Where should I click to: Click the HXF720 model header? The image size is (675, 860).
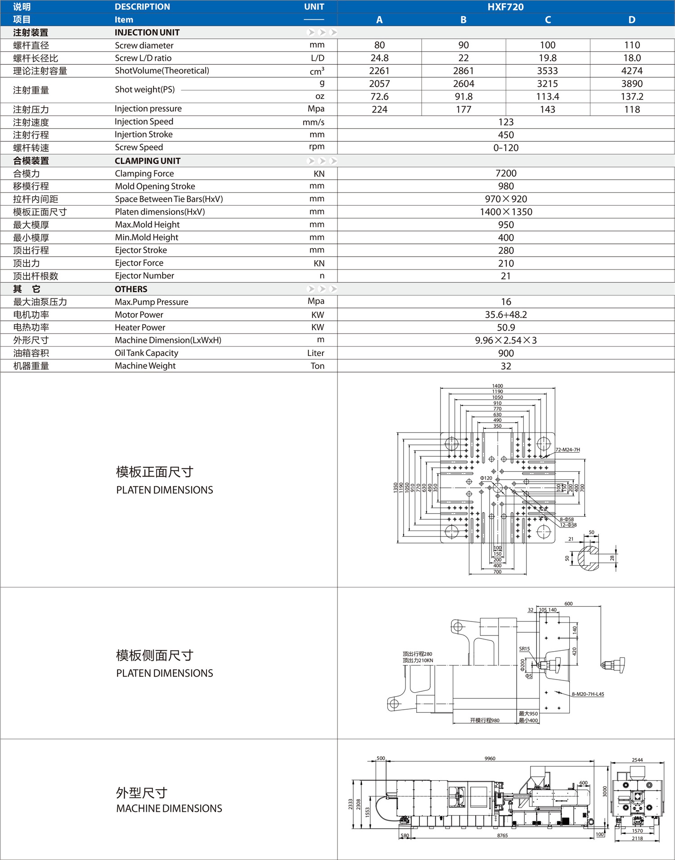click(505, 7)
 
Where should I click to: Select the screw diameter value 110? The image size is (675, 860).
click(632, 45)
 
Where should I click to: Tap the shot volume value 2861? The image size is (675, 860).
click(463, 71)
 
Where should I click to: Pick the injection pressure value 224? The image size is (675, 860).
click(379, 109)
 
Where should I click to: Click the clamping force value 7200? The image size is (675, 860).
click(506, 173)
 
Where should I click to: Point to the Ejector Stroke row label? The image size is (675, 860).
click(141, 250)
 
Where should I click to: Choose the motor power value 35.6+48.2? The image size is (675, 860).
click(506, 315)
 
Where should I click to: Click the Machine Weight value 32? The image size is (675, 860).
click(506, 366)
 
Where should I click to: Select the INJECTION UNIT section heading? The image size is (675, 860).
click(147, 32)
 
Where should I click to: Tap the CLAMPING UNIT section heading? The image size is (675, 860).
click(148, 161)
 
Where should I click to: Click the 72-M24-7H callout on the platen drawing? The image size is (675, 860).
click(567, 450)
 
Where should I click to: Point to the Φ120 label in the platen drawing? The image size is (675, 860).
click(486, 478)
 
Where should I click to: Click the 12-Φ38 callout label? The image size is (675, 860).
click(568, 525)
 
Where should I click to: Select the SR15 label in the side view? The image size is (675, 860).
click(524, 648)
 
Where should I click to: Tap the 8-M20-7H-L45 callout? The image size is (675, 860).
click(588, 694)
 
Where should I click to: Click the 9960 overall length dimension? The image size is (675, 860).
click(490, 758)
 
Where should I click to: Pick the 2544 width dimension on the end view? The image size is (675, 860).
click(637, 760)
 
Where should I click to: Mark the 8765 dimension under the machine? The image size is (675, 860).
click(502, 835)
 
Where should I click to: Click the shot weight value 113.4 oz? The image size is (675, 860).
click(548, 96)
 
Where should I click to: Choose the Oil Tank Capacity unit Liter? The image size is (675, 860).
click(315, 353)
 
